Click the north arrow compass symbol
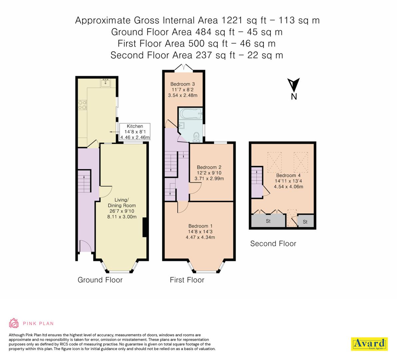coord(294,86)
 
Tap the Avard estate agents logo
coord(369,344)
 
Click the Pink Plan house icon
coord(14,323)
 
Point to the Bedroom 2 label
coord(209,173)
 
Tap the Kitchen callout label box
coord(135,132)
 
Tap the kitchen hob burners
coord(82,105)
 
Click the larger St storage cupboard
coord(268,221)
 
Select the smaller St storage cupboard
coord(305,222)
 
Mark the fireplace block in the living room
coord(145,228)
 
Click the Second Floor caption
coord(273,244)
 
